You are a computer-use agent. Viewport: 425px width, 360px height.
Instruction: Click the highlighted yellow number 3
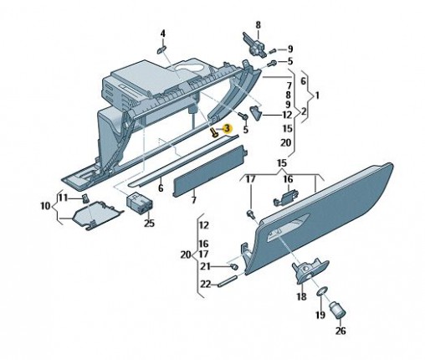pos(228,129)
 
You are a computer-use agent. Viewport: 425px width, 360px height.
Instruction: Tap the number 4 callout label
pos(163,34)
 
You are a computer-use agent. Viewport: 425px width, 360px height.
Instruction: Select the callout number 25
pos(149,224)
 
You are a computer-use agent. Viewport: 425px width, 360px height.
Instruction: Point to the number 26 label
pos(341,331)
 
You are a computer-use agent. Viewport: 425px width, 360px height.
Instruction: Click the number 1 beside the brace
pos(317,95)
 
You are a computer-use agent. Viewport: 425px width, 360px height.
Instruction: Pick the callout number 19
pos(320,315)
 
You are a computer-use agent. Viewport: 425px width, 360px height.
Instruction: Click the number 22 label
pos(206,284)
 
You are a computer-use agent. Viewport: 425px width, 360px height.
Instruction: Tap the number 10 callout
pos(45,206)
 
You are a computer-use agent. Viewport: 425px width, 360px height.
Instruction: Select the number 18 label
pos(301,296)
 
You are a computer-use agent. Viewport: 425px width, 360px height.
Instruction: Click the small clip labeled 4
pos(161,49)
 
